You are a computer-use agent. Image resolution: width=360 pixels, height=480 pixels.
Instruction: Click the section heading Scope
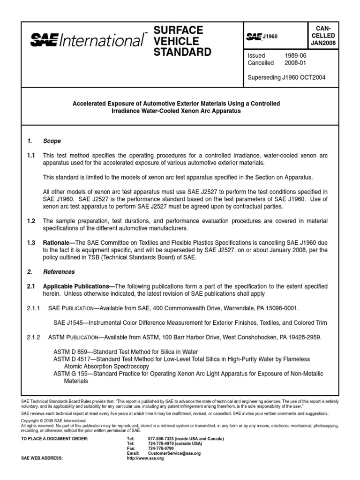(x=52, y=141)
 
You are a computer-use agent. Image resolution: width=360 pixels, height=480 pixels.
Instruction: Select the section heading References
(x=59, y=271)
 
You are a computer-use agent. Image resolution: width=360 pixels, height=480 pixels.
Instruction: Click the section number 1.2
(x=30, y=221)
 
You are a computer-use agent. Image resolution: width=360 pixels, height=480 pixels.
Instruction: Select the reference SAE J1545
(x=67, y=322)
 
